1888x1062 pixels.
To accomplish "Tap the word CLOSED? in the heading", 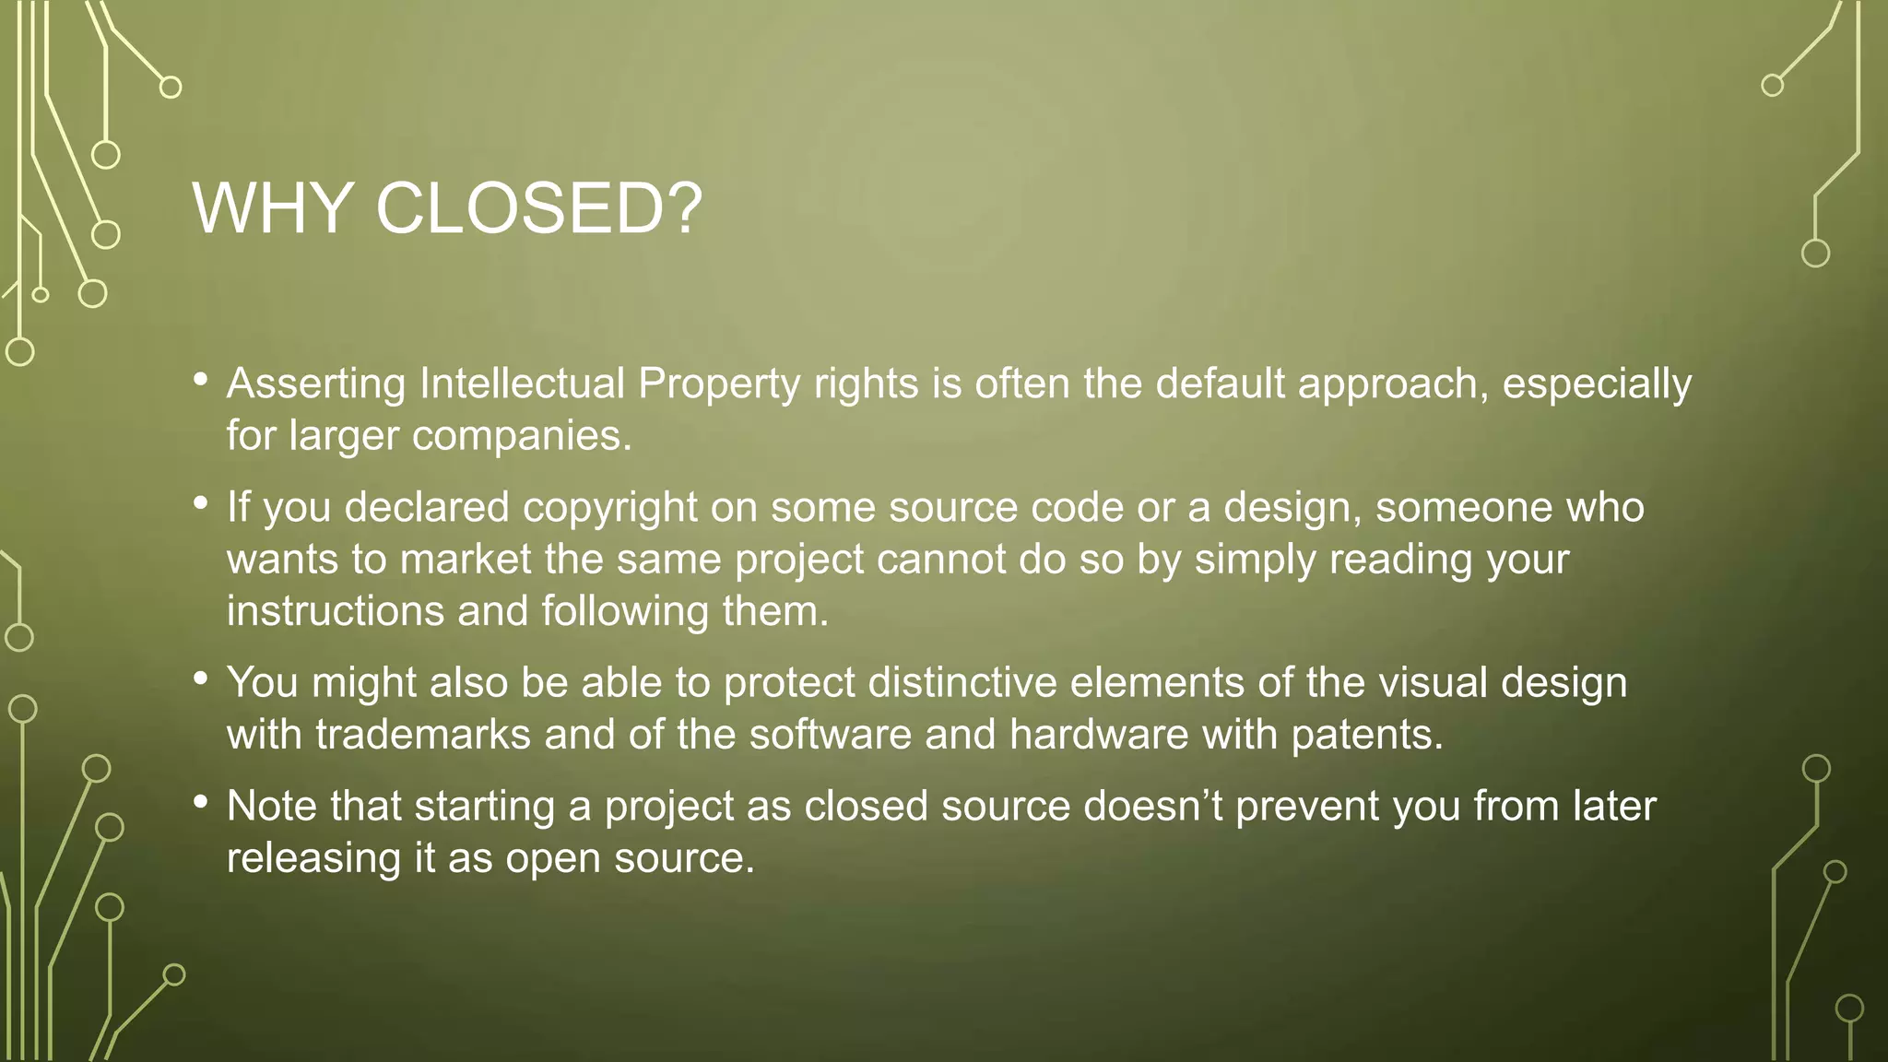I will click(539, 208).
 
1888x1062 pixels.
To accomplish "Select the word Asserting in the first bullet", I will click(315, 384).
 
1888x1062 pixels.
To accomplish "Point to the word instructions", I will click(336, 611).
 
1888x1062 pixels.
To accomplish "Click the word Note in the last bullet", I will click(271, 807).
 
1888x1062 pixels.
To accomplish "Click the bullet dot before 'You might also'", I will click(201, 679).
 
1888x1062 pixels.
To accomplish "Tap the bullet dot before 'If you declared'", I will click(201, 504).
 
